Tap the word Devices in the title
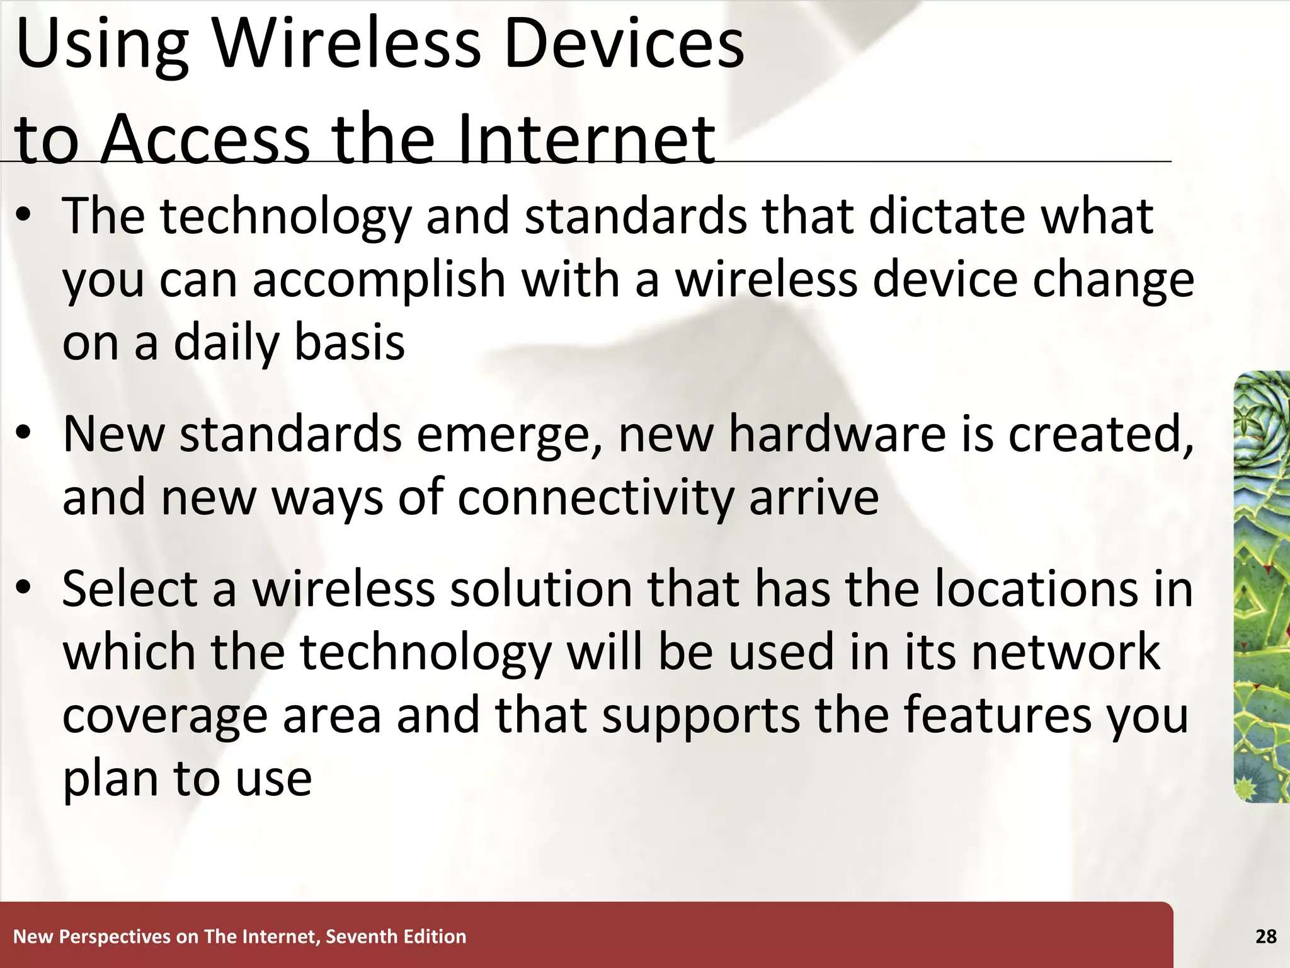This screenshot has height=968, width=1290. pos(624,44)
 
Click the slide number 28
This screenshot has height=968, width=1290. pos(1265,936)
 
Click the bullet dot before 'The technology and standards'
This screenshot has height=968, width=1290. pos(24,217)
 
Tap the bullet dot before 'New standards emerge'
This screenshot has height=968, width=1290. pos(24,435)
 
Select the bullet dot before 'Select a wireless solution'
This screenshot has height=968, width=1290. pos(24,589)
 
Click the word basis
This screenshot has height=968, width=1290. pos(350,343)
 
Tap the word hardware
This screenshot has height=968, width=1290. pos(838,435)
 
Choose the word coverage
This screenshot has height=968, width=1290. pos(165,717)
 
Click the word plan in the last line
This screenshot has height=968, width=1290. pos(110,780)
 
